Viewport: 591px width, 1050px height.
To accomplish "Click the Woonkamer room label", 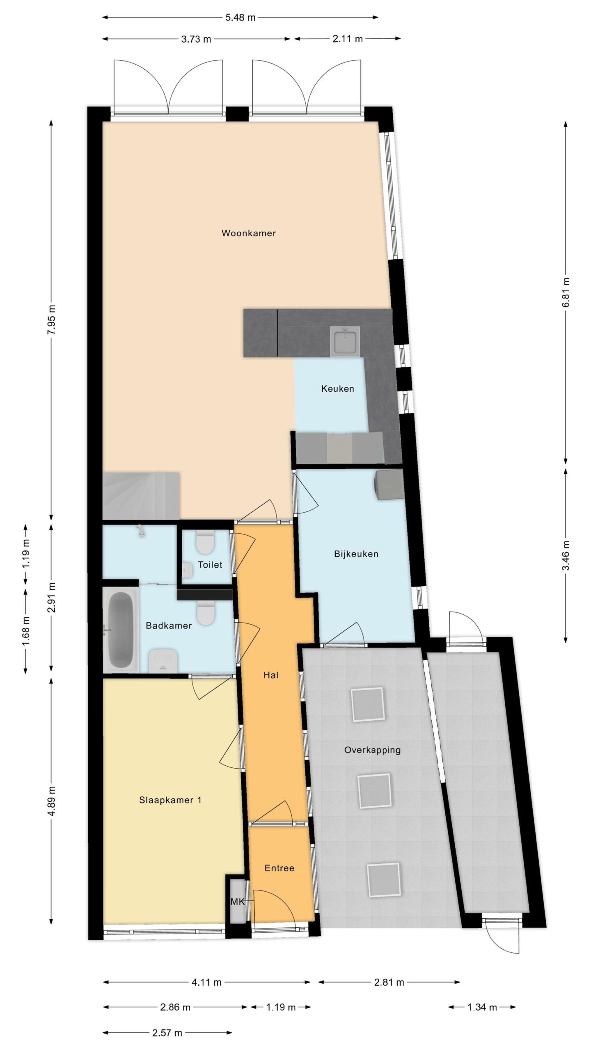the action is pos(248,233).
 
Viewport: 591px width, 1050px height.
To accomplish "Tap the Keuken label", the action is pos(337,388).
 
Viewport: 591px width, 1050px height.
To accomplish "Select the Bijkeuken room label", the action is pos(356,554).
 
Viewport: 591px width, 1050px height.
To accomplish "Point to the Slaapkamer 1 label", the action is pos(170,800).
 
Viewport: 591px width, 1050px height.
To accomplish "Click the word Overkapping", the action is pos(372,750).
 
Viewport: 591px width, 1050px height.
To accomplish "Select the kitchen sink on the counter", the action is pos(346,340).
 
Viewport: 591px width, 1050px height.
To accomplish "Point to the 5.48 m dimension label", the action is pos(241,17).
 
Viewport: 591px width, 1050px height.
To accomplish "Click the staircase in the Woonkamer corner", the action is pos(141,496).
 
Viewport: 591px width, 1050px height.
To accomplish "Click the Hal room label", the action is pos(271,675).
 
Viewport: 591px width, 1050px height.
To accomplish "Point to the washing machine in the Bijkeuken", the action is pos(390,484).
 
